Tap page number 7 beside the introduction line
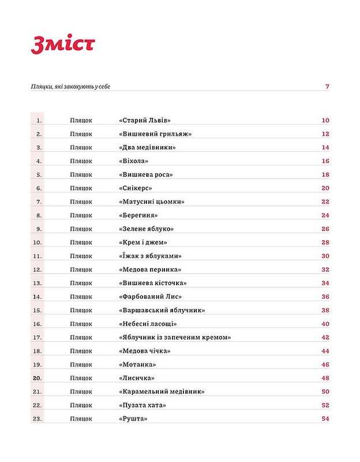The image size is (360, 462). point(327,87)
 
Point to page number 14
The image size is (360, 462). point(325,148)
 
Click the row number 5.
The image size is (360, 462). point(39,174)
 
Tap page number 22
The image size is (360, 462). point(325,202)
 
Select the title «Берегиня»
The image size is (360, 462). point(138,215)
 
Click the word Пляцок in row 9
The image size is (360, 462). point(81,229)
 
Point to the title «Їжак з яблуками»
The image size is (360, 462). point(151,256)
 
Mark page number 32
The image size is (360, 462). point(325,270)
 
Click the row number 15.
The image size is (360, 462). point(38,310)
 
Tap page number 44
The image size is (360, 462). point(325,351)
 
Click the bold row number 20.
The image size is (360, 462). point(38,378)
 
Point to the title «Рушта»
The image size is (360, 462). point(130,419)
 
